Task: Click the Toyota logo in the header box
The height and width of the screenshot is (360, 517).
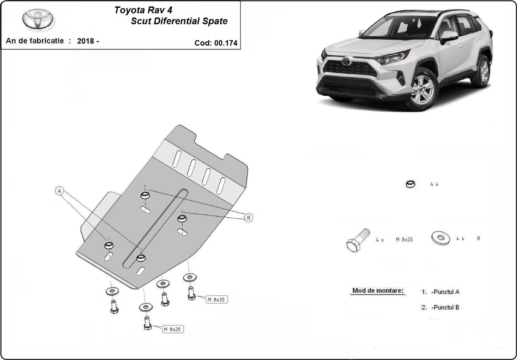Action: (x=38, y=19)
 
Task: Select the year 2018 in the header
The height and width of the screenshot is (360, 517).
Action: (x=86, y=41)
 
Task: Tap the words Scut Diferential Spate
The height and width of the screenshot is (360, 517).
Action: (x=179, y=21)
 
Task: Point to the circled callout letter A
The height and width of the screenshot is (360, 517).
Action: (x=59, y=190)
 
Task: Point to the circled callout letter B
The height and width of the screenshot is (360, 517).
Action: (x=248, y=218)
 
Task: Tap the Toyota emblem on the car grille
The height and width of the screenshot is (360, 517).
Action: (x=346, y=62)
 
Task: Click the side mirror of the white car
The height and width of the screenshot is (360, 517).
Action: (x=448, y=36)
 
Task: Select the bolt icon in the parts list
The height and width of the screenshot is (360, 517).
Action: (x=357, y=240)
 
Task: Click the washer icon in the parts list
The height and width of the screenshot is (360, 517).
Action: (x=440, y=238)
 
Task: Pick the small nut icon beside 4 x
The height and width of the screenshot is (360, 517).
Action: (x=411, y=184)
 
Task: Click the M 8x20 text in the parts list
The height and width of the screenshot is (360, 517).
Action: (x=404, y=239)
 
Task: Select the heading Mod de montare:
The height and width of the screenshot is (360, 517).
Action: (x=378, y=291)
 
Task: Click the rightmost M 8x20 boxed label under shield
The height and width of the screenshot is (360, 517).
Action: (x=216, y=299)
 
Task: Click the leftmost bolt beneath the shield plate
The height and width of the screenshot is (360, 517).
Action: (x=114, y=307)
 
